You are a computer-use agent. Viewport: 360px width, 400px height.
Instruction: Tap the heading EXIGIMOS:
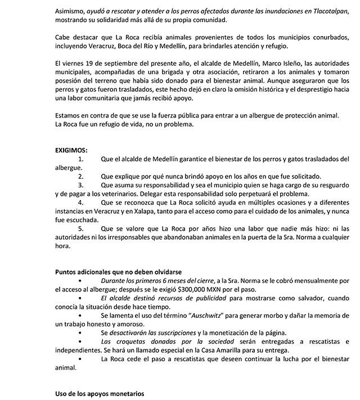[71, 150]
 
